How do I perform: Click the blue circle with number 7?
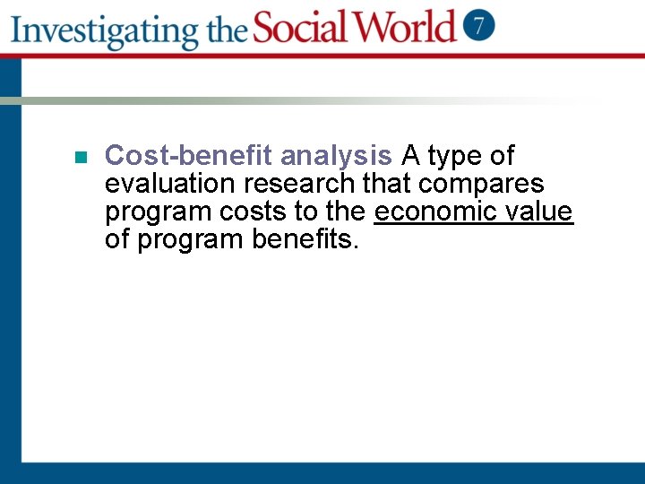tap(479, 25)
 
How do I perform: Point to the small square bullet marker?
tap(80, 157)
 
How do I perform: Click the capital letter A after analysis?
tap(410, 156)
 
